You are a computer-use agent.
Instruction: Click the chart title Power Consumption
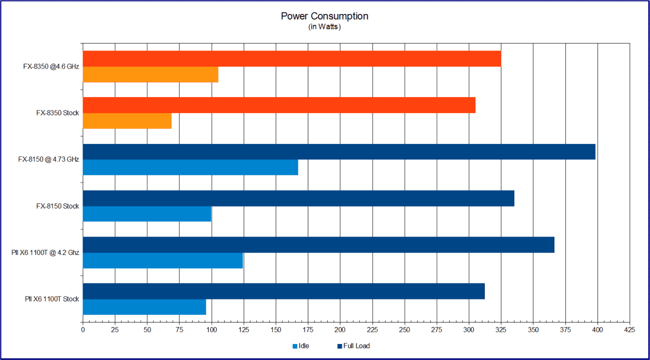coord(324,16)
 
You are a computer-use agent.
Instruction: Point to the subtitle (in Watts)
coord(324,27)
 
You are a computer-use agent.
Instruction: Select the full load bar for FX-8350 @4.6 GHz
coord(292,58)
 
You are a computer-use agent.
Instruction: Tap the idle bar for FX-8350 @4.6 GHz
coord(150,74)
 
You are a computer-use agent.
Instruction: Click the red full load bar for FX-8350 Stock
coord(279,105)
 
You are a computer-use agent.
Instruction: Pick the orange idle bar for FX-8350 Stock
coord(127,121)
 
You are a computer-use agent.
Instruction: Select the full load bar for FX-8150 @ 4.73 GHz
coord(339,151)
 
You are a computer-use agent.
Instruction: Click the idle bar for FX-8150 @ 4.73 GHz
coord(190,167)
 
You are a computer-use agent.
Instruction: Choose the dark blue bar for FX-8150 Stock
coord(298,198)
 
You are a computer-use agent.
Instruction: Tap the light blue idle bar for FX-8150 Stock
coord(147,214)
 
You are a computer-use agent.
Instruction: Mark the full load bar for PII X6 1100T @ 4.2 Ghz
coord(318,244)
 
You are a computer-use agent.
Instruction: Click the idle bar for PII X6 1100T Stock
coord(144,307)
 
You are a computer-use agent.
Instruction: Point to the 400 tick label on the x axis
coord(597,330)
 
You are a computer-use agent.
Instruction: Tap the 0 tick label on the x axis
coord(83,330)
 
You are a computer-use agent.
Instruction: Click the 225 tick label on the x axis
coord(372,330)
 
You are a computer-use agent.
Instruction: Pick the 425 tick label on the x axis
coord(629,330)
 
